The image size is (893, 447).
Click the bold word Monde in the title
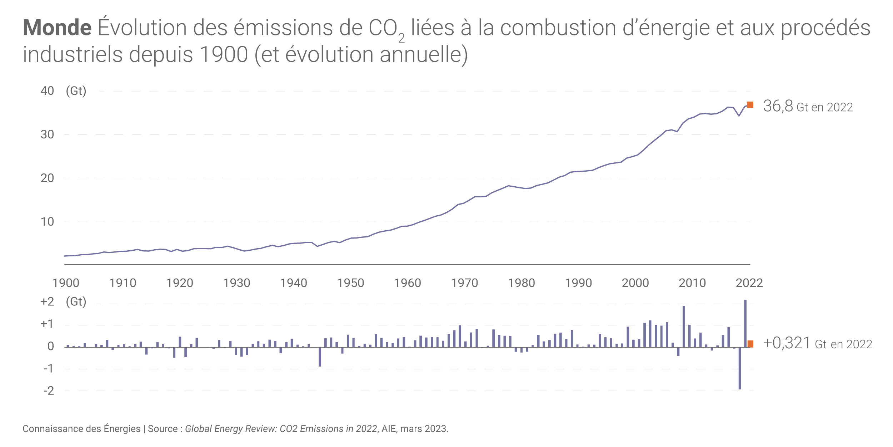tap(57, 28)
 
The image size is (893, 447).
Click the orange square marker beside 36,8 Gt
tap(750, 105)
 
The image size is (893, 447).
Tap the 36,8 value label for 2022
tap(778, 106)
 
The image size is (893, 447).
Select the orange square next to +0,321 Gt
tap(750, 344)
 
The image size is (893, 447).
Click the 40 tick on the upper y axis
tap(47, 91)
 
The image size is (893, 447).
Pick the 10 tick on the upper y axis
tap(47, 222)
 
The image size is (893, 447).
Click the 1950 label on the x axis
tap(350, 283)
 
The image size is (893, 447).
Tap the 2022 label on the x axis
tap(749, 283)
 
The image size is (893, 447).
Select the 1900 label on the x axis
tap(66, 283)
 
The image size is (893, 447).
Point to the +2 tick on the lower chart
tap(47, 302)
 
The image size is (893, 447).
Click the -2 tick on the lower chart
tap(49, 390)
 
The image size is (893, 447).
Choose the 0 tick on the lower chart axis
tap(51, 346)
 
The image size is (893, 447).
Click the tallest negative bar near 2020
tap(739, 368)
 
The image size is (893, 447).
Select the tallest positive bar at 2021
tap(745, 324)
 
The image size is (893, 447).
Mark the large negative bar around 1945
tap(320, 357)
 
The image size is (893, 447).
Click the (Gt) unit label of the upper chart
tap(76, 91)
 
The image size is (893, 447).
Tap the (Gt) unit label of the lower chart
tap(76, 302)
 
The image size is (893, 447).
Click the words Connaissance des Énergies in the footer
tap(81, 429)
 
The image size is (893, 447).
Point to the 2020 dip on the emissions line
tap(739, 116)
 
